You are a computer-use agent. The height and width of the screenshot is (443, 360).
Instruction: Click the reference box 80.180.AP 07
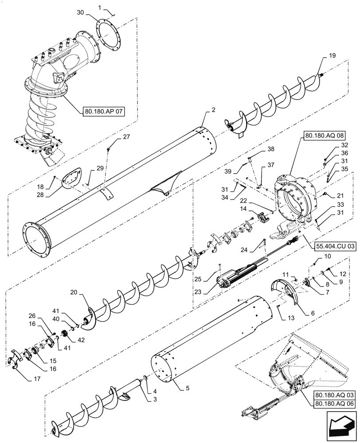pos(104,111)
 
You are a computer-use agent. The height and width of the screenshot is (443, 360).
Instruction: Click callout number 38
pos(270,149)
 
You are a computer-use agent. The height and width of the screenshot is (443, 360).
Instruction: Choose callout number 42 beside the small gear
pos(81,340)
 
